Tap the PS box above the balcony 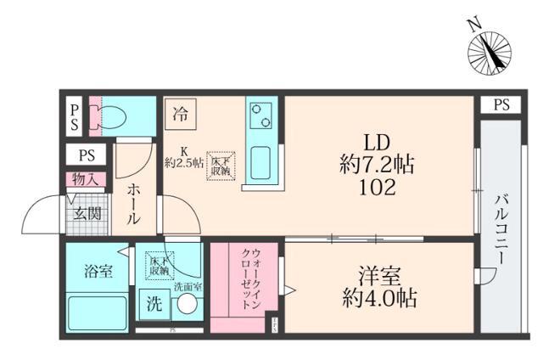pyautogui.click(x=501, y=105)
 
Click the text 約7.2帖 pyautogui.click(x=378, y=165)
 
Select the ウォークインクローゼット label pyautogui.click(x=250, y=278)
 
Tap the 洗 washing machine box pyautogui.click(x=154, y=302)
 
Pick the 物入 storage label pyautogui.click(x=87, y=180)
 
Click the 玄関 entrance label pyautogui.click(x=87, y=212)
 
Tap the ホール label pyautogui.click(x=134, y=205)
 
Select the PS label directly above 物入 pyautogui.click(x=87, y=156)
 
